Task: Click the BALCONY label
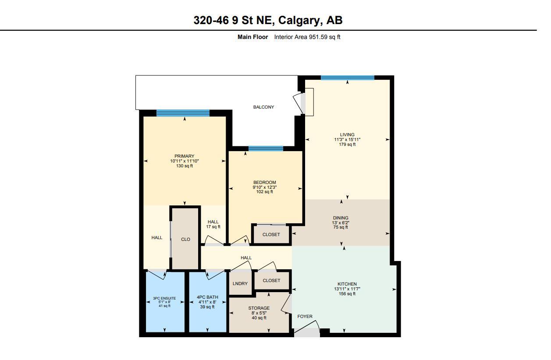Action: [263, 107]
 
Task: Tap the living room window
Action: [347, 78]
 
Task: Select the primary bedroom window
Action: [183, 113]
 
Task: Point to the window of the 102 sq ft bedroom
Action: [266, 149]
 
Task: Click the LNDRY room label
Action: [240, 283]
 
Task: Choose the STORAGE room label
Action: [259, 308]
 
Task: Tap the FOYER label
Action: [305, 316]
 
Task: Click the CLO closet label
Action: [185, 239]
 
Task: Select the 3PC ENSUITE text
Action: [164, 298]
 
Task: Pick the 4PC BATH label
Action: [207, 297]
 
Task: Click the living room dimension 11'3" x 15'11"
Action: [347, 140]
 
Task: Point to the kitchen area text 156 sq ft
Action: [347, 294]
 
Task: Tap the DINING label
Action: [341, 218]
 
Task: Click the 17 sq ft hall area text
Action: [213, 227]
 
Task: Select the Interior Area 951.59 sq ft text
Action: [307, 37]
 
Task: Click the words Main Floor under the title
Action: [252, 37]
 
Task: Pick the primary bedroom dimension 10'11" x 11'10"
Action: [185, 161]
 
